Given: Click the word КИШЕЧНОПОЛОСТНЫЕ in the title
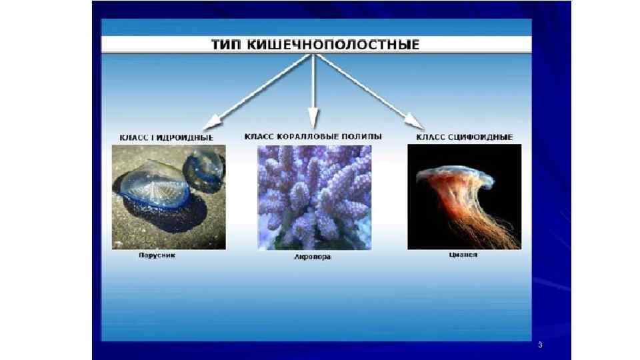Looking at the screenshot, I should point(332,45).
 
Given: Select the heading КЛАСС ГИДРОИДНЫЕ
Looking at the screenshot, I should point(167,137).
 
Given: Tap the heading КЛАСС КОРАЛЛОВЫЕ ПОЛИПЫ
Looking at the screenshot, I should point(313,136).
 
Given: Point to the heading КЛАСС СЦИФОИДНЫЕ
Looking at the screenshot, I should point(465,137).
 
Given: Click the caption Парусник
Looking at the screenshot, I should point(157,255).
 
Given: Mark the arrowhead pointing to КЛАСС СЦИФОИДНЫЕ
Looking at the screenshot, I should point(416,122).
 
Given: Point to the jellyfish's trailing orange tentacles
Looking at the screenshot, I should point(477,220).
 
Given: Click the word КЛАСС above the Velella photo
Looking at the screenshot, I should point(133,137).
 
